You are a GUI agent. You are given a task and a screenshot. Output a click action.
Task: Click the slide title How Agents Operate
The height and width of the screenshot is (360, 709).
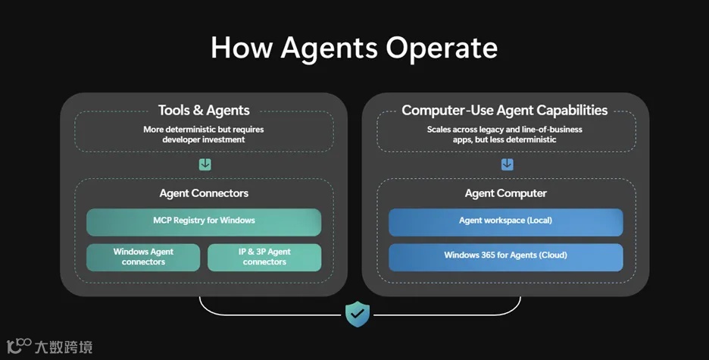click(354, 47)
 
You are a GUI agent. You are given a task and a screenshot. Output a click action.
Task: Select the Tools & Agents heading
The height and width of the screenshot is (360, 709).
click(204, 111)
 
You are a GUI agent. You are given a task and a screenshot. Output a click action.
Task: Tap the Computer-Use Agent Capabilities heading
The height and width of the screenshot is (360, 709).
click(504, 111)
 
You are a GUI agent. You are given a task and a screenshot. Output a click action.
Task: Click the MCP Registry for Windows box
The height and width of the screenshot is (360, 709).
click(204, 221)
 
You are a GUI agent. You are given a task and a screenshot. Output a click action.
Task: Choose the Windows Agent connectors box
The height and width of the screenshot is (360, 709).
click(143, 257)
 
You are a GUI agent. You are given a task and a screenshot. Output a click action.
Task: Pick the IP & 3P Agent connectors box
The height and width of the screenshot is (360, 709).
click(264, 257)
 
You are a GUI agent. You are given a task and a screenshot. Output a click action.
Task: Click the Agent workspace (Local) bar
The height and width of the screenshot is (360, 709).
click(505, 221)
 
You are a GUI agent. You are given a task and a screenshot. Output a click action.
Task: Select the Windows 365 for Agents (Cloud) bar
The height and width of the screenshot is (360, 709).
click(505, 256)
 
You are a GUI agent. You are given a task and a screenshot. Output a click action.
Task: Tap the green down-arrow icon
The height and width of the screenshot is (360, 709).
click(205, 164)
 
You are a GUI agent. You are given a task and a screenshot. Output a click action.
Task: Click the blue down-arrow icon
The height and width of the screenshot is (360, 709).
click(507, 164)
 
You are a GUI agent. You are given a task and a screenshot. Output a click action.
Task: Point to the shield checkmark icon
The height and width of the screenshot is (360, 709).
click(358, 314)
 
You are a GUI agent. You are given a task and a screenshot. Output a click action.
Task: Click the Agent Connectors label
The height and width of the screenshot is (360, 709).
click(204, 193)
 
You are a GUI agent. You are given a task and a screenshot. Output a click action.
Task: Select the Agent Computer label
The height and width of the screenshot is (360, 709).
click(505, 193)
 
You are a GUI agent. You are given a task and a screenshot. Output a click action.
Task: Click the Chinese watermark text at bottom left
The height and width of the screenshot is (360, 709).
click(64, 347)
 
